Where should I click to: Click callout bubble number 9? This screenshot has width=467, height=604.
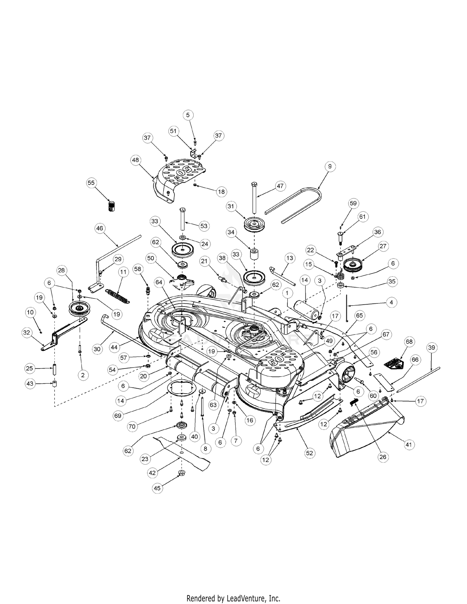coord(330,166)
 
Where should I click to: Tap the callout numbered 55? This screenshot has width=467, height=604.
coord(91,183)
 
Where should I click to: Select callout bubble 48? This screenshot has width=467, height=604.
coord(135,160)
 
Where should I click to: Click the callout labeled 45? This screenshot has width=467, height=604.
coord(157,488)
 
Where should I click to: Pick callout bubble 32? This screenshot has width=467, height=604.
coord(27,333)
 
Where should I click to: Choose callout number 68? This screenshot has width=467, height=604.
coord(409,342)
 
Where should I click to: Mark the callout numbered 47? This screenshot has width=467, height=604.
coord(280,186)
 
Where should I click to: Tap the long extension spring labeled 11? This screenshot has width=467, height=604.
coord(117,296)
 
